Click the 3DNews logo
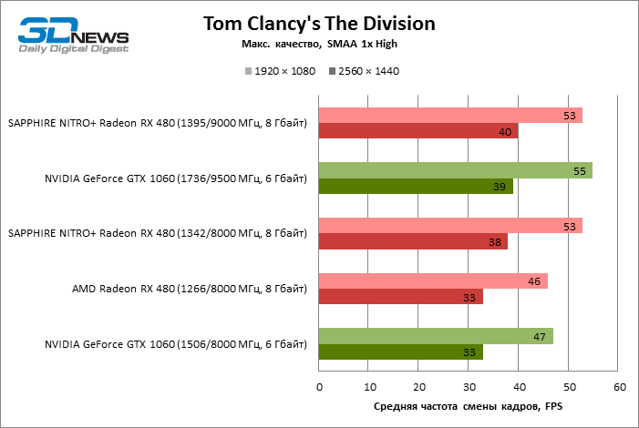74,34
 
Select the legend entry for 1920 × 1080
277,71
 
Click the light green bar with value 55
455,170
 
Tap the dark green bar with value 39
416,186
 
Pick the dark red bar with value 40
418,131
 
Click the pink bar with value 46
433,281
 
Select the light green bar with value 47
436,336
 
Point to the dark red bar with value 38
413,241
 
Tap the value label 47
539,336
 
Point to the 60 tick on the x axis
620,388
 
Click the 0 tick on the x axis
319,388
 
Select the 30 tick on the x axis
469,388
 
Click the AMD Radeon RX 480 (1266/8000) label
190,289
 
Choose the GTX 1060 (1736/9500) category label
175,178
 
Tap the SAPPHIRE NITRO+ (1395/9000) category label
157,123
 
